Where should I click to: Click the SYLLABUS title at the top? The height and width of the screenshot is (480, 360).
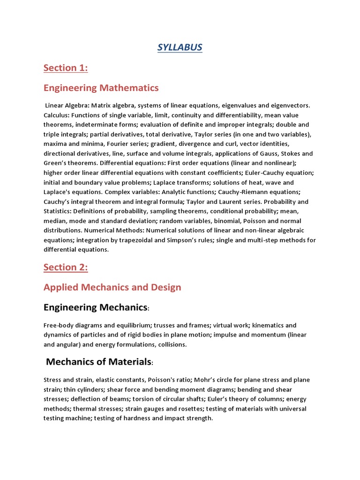180,48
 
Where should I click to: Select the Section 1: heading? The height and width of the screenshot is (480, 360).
66,68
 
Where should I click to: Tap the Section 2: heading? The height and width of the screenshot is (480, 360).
66,267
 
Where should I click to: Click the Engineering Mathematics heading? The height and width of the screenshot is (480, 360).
101,88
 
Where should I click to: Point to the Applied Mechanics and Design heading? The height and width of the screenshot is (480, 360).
112,287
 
